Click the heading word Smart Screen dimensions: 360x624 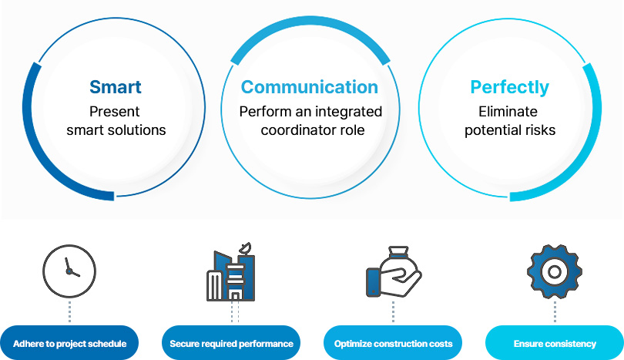[x=116, y=86]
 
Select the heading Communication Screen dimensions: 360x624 [x=309, y=86]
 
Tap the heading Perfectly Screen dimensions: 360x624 [x=509, y=86]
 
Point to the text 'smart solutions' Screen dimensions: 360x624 [x=116, y=130]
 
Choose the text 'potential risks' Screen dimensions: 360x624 [x=509, y=130]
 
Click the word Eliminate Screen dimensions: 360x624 [x=509, y=111]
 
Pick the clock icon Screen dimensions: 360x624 [x=69, y=272]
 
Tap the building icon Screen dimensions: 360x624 [x=230, y=274]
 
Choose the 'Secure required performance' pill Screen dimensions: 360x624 [x=231, y=343]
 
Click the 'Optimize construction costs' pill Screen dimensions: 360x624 [x=393, y=343]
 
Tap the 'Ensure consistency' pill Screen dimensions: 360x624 [x=554, y=343]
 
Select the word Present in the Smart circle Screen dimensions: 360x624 [x=116, y=111]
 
